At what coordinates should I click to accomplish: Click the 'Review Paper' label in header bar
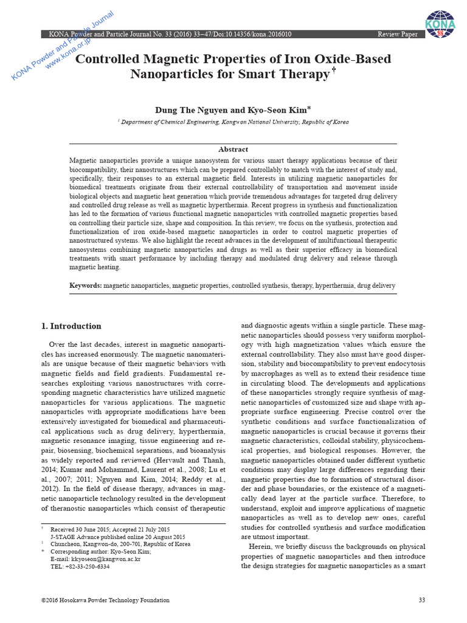(398, 35)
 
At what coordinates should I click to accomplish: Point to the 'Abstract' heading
(233, 149)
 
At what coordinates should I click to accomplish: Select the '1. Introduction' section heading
(71, 326)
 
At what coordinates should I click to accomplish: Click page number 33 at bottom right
(422, 600)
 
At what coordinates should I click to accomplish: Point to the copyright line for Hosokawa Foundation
(105, 600)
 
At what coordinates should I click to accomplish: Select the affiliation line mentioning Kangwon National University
(233, 122)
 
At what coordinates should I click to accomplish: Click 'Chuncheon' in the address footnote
(65, 544)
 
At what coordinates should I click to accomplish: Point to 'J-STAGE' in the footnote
(62, 537)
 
